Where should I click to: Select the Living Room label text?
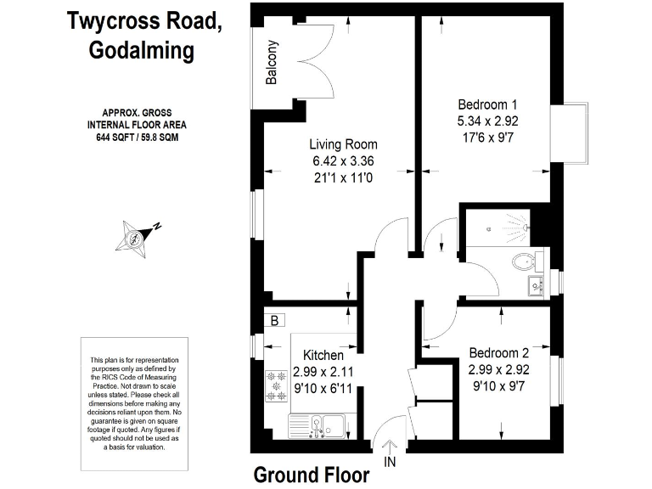tap(343, 144)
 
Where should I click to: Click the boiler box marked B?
tap(275, 320)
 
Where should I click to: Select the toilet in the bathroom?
tap(524, 261)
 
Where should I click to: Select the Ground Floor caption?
tap(312, 474)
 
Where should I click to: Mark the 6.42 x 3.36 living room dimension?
tap(343, 160)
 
